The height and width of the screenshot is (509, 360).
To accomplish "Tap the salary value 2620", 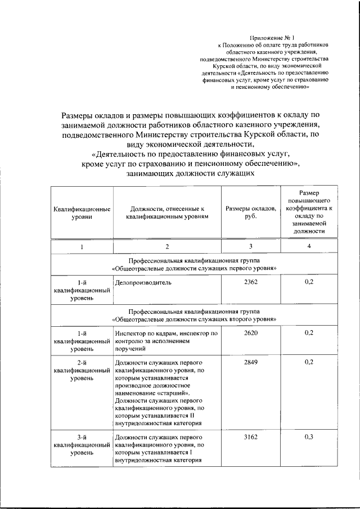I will (251, 333).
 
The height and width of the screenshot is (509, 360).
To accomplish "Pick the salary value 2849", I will (251, 362).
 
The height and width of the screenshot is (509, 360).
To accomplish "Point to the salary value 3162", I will (251, 437).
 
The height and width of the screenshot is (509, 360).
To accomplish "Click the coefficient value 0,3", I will (309, 437).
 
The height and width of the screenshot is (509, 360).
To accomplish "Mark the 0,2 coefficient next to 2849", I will (309, 362).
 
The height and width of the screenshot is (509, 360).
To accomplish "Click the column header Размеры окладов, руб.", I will (251, 213).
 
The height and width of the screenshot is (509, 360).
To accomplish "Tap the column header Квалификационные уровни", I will (82, 213).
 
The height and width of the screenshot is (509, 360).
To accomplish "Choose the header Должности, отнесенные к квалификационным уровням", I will (166, 213).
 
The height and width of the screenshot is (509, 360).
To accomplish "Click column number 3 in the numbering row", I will (251, 247).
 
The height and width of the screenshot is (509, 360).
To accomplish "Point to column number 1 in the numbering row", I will (82, 247).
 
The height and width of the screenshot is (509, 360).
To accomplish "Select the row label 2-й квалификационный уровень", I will (82, 371).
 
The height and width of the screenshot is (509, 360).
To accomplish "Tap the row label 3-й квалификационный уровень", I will (82, 445).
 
